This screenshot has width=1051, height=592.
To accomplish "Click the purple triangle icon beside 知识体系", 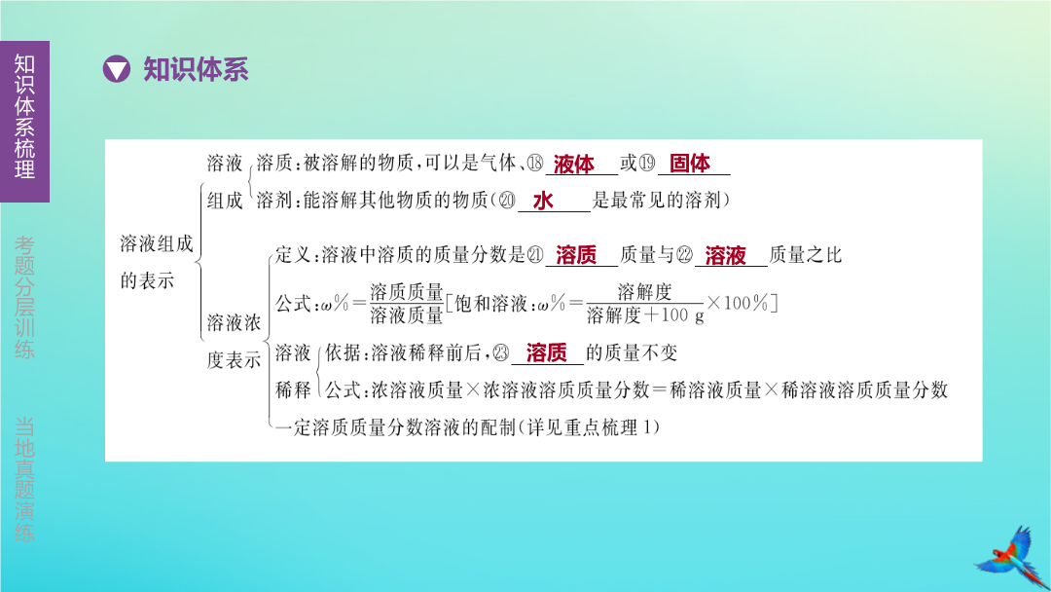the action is [116, 69].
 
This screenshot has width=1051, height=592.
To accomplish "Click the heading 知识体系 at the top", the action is [196, 69].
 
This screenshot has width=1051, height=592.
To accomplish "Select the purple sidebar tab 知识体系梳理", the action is [24, 121].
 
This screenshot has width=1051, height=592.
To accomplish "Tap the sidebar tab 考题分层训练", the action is [24, 297].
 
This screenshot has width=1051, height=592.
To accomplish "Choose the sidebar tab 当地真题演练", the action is [24, 479].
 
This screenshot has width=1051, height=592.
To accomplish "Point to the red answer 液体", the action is [574, 164].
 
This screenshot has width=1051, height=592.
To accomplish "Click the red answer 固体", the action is [690, 163].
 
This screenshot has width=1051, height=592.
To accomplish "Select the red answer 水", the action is [543, 201].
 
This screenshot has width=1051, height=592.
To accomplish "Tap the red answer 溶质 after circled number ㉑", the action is [576, 255].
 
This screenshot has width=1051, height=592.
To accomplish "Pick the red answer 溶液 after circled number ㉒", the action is [725, 255].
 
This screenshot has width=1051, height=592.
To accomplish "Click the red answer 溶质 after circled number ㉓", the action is [547, 352].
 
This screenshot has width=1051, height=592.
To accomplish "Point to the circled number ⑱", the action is [535, 163].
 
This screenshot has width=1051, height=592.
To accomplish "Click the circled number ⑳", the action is [507, 201].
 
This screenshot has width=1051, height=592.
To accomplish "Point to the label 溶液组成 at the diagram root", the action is [157, 243].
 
